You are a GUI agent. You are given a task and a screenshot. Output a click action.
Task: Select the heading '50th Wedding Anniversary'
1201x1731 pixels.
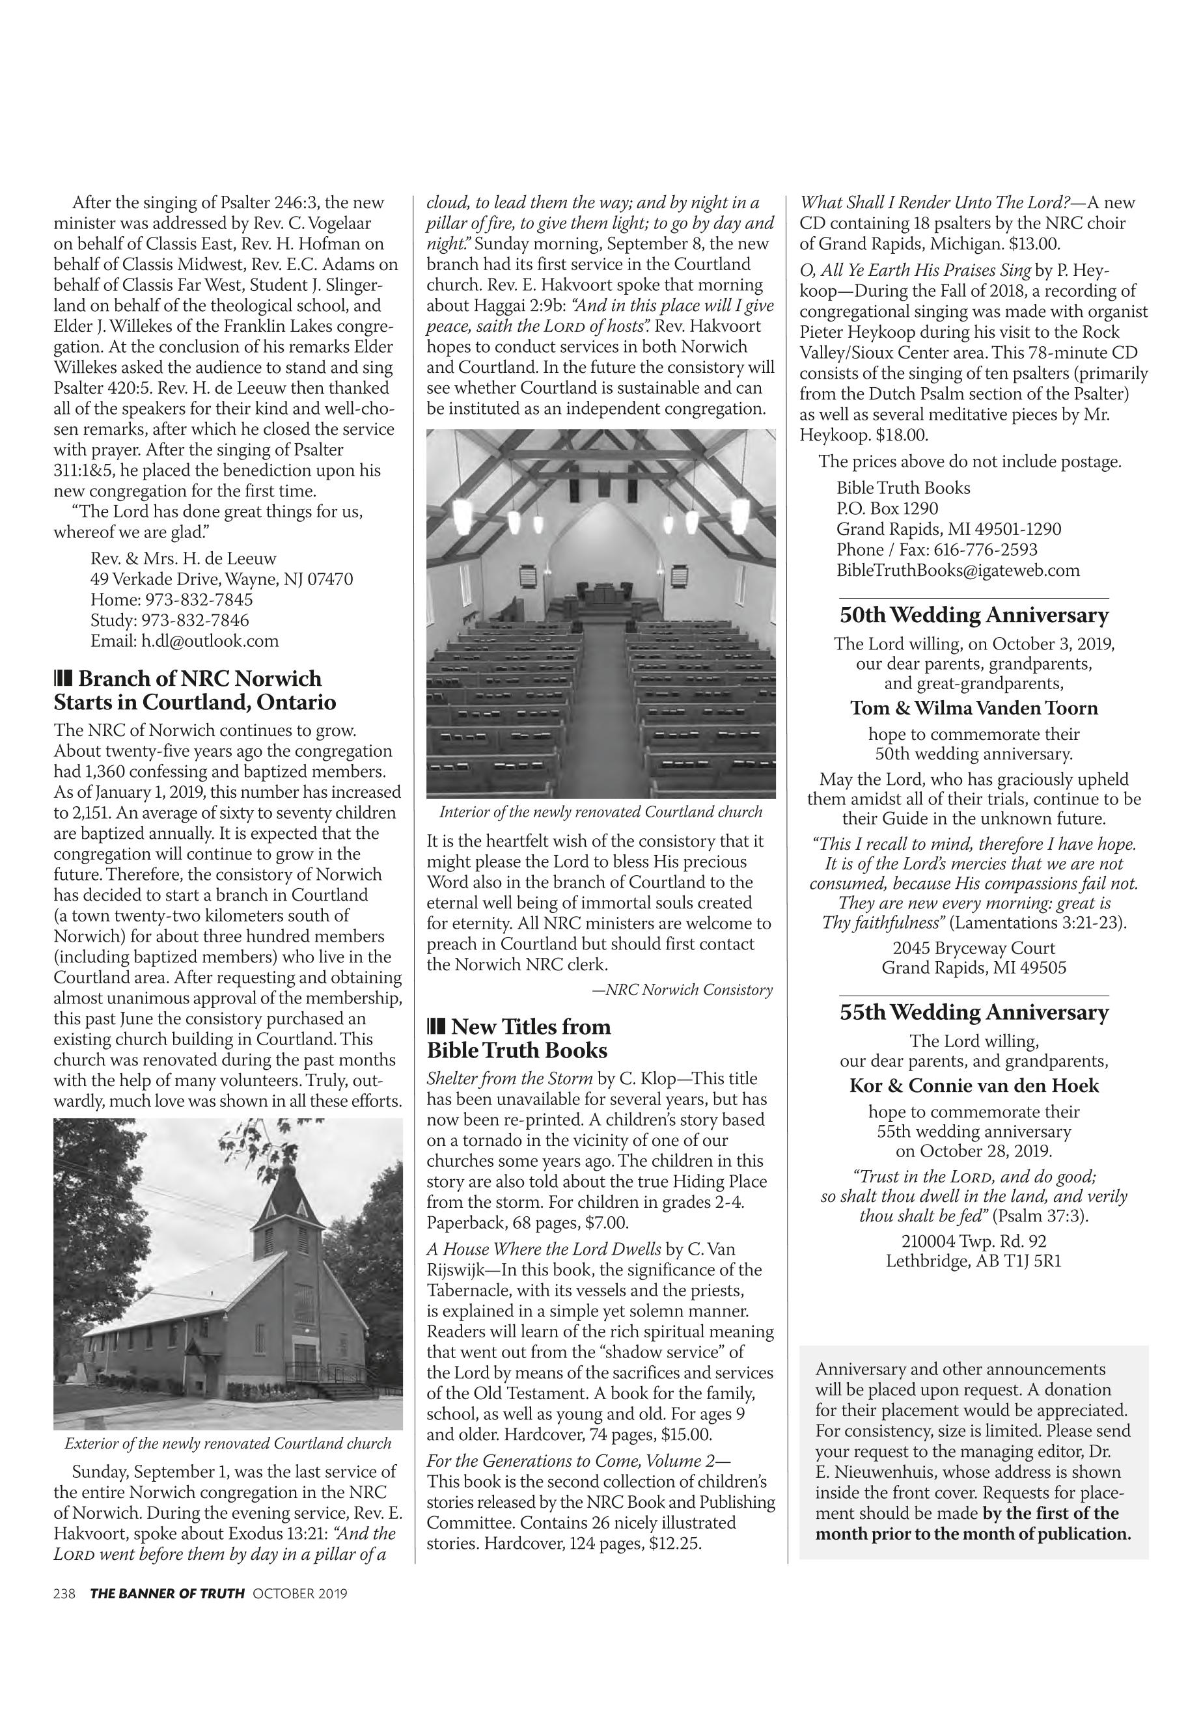[x=974, y=616]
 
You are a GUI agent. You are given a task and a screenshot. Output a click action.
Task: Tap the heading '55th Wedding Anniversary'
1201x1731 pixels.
[x=974, y=1013]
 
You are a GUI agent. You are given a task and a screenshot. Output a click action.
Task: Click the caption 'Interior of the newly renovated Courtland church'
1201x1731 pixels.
[x=600, y=813]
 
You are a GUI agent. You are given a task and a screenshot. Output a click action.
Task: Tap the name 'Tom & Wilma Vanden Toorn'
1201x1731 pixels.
[x=974, y=708]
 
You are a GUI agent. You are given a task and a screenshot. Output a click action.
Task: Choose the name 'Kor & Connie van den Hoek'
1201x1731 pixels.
[x=974, y=1085]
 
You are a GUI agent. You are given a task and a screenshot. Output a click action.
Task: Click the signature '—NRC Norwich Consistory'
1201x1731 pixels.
[x=683, y=990]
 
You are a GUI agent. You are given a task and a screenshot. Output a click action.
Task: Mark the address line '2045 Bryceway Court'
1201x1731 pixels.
[x=974, y=948]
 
